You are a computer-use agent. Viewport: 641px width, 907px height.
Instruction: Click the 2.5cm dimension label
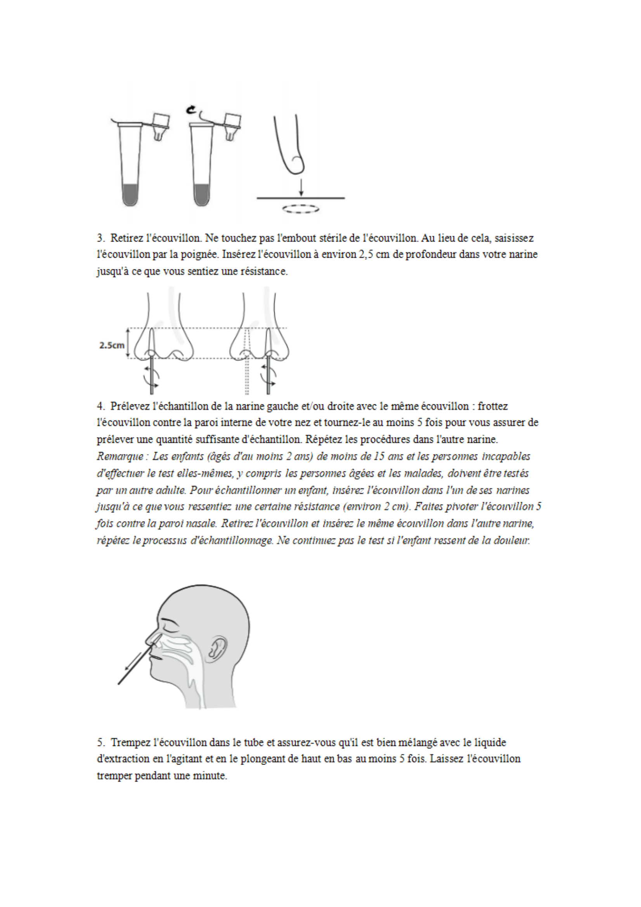coord(112,345)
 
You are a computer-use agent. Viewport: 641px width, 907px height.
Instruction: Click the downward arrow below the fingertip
coord(301,187)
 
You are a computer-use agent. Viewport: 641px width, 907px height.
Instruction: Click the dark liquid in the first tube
coord(130,195)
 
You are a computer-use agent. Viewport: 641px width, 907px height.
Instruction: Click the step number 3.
coord(100,238)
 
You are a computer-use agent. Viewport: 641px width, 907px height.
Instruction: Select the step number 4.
coord(100,406)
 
